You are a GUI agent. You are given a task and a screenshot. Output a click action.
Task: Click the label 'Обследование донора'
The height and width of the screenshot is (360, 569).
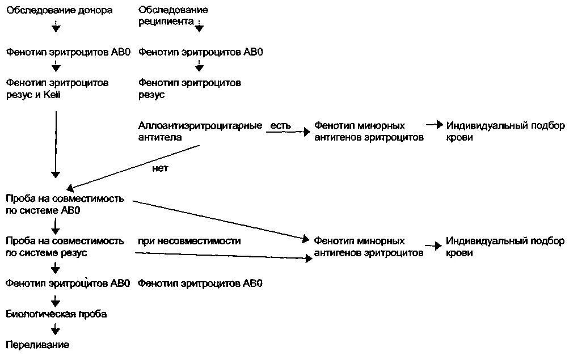coord(60,10)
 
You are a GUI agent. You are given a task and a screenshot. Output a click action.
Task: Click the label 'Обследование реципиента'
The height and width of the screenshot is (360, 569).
coord(173,16)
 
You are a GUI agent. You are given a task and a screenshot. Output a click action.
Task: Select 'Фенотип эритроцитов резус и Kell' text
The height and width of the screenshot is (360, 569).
coord(57,88)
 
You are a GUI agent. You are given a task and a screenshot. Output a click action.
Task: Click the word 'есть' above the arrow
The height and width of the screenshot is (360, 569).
coord(280,125)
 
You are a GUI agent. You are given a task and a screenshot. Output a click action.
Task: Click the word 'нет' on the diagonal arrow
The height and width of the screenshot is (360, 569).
coord(161,168)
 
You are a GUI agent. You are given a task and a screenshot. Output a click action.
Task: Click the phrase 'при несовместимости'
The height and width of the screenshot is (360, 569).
coord(189,241)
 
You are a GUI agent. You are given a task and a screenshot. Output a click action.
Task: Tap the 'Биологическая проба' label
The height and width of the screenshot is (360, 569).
coord(56,313)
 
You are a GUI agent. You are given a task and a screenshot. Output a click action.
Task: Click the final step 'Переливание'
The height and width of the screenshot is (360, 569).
coord(37,344)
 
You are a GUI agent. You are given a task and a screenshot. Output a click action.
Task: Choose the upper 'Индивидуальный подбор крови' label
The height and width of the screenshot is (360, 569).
coord(505,131)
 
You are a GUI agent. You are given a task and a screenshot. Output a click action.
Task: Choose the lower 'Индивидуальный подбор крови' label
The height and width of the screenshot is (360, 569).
coord(505,247)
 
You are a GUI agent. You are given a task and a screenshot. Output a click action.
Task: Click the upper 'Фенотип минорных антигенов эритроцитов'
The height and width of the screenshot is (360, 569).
coord(369,131)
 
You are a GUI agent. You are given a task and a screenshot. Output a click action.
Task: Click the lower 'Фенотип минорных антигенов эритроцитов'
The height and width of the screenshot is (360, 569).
coord(369,247)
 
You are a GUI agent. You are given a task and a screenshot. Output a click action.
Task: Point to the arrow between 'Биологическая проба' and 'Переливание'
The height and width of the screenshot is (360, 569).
coord(56,329)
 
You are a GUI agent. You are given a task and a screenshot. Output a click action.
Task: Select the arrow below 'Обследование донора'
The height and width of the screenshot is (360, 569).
coord(56,26)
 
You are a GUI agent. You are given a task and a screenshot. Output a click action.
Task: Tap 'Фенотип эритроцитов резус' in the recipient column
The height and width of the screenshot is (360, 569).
coord(189,88)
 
